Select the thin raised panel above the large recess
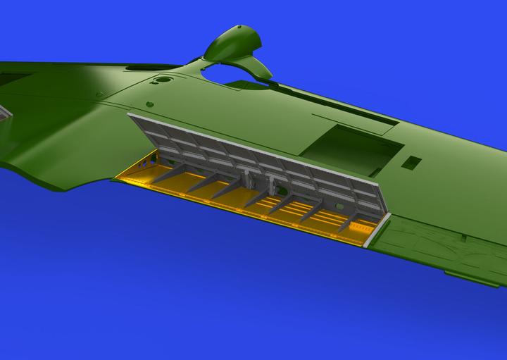click(352, 120)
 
